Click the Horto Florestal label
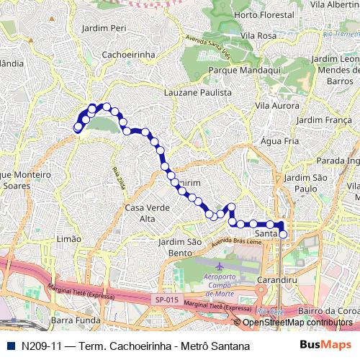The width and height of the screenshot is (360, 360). tap(256, 14)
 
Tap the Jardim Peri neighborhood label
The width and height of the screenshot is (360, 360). tap(104, 28)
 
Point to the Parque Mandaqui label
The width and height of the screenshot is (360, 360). tap(240, 71)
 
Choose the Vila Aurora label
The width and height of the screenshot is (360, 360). tap(276, 105)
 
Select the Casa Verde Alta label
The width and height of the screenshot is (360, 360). tap(140, 213)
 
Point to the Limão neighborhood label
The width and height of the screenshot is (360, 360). tap(68, 238)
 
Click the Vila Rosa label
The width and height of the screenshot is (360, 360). tap(258, 35)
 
